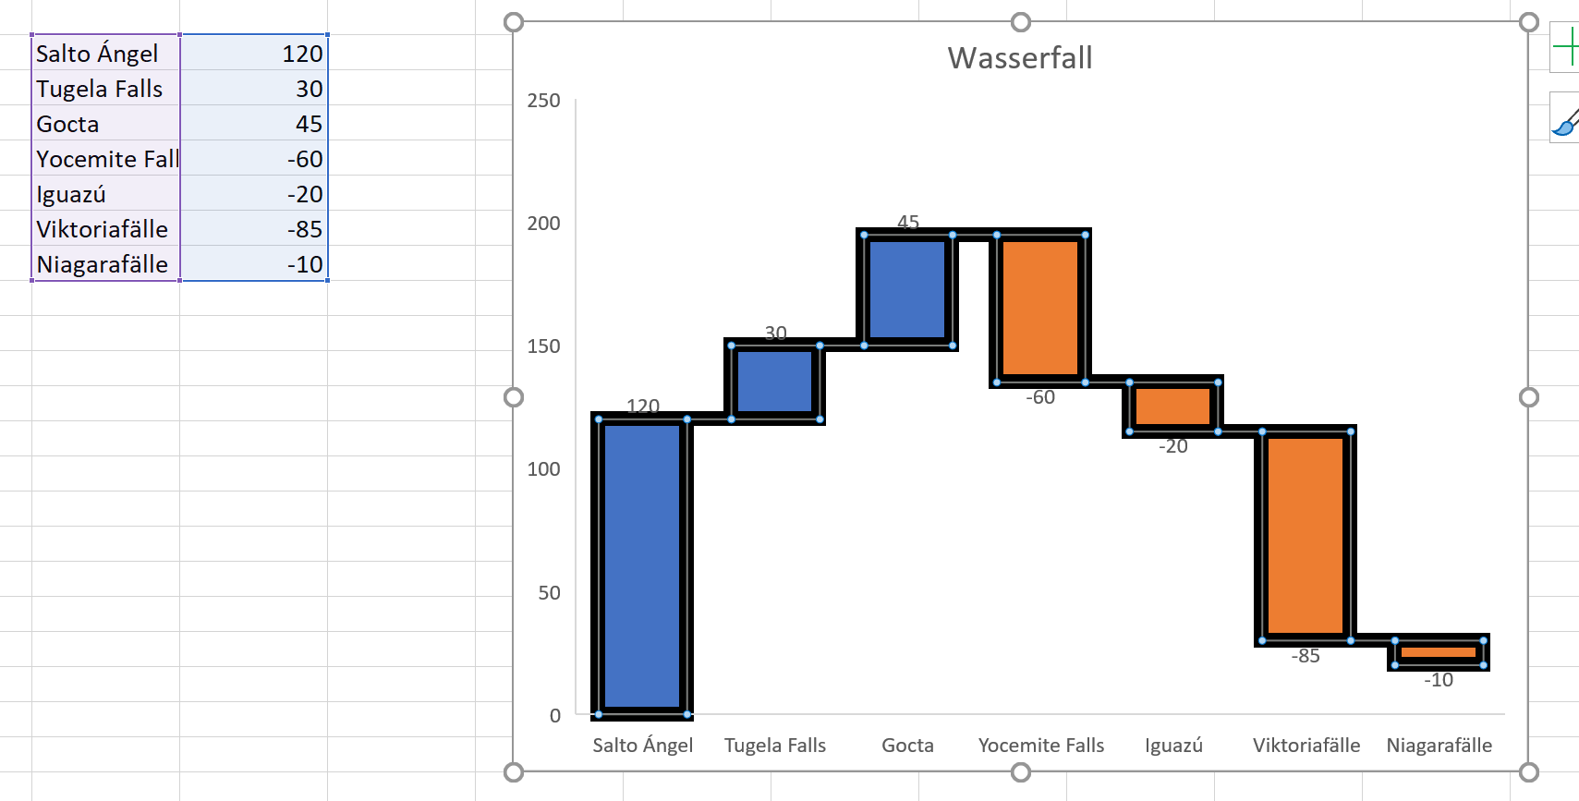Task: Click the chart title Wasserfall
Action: click(x=1020, y=58)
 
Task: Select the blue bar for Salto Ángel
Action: click(x=642, y=565)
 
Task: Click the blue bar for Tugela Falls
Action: click(x=775, y=382)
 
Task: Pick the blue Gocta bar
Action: click(x=907, y=289)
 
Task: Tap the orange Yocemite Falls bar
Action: click(x=1040, y=308)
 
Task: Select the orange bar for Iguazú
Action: click(x=1172, y=407)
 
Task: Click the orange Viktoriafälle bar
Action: click(x=1306, y=535)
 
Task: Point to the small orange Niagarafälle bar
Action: click(x=1438, y=652)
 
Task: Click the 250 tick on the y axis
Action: click(x=543, y=101)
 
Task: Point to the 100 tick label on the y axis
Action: click(x=543, y=469)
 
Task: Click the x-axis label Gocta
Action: click(x=907, y=746)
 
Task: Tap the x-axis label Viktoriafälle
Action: click(x=1306, y=746)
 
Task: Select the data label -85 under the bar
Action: click(x=1306, y=656)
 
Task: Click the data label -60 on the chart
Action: click(x=1040, y=397)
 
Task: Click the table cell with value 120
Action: click(x=255, y=55)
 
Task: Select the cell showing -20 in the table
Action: click(x=255, y=195)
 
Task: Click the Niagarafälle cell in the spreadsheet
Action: click(x=102, y=265)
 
